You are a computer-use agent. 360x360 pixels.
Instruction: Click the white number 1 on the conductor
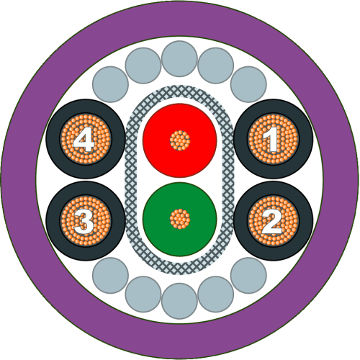pyautogui.click(x=271, y=139)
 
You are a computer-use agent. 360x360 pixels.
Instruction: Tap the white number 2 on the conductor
pyautogui.click(x=271, y=221)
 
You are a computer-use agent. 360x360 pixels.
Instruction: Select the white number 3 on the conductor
pyautogui.click(x=84, y=221)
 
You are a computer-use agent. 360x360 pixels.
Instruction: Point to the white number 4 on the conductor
pyautogui.click(x=83, y=139)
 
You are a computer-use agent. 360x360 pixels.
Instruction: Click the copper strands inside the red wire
pyautogui.click(x=180, y=140)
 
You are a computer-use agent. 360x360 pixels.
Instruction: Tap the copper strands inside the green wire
pyautogui.click(x=180, y=219)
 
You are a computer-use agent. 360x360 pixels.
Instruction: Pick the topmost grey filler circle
pyautogui.click(x=179, y=58)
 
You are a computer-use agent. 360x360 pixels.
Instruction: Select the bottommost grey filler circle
pyautogui.click(x=179, y=301)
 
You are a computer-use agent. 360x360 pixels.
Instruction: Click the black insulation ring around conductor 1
pyautogui.click(x=274, y=107)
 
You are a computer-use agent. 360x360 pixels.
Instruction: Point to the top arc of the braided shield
pyautogui.click(x=179, y=91)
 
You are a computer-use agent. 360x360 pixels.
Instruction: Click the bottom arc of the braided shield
pyautogui.click(x=179, y=269)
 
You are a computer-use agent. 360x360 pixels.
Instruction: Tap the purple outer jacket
pyautogui.click(x=180, y=19)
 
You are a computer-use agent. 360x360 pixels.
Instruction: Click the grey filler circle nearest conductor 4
pyautogui.click(x=110, y=84)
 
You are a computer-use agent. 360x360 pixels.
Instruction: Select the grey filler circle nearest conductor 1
pyautogui.click(x=248, y=84)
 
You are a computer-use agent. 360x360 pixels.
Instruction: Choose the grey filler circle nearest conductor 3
pyautogui.click(x=110, y=275)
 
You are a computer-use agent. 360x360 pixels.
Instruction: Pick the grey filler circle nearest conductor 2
pyautogui.click(x=248, y=275)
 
